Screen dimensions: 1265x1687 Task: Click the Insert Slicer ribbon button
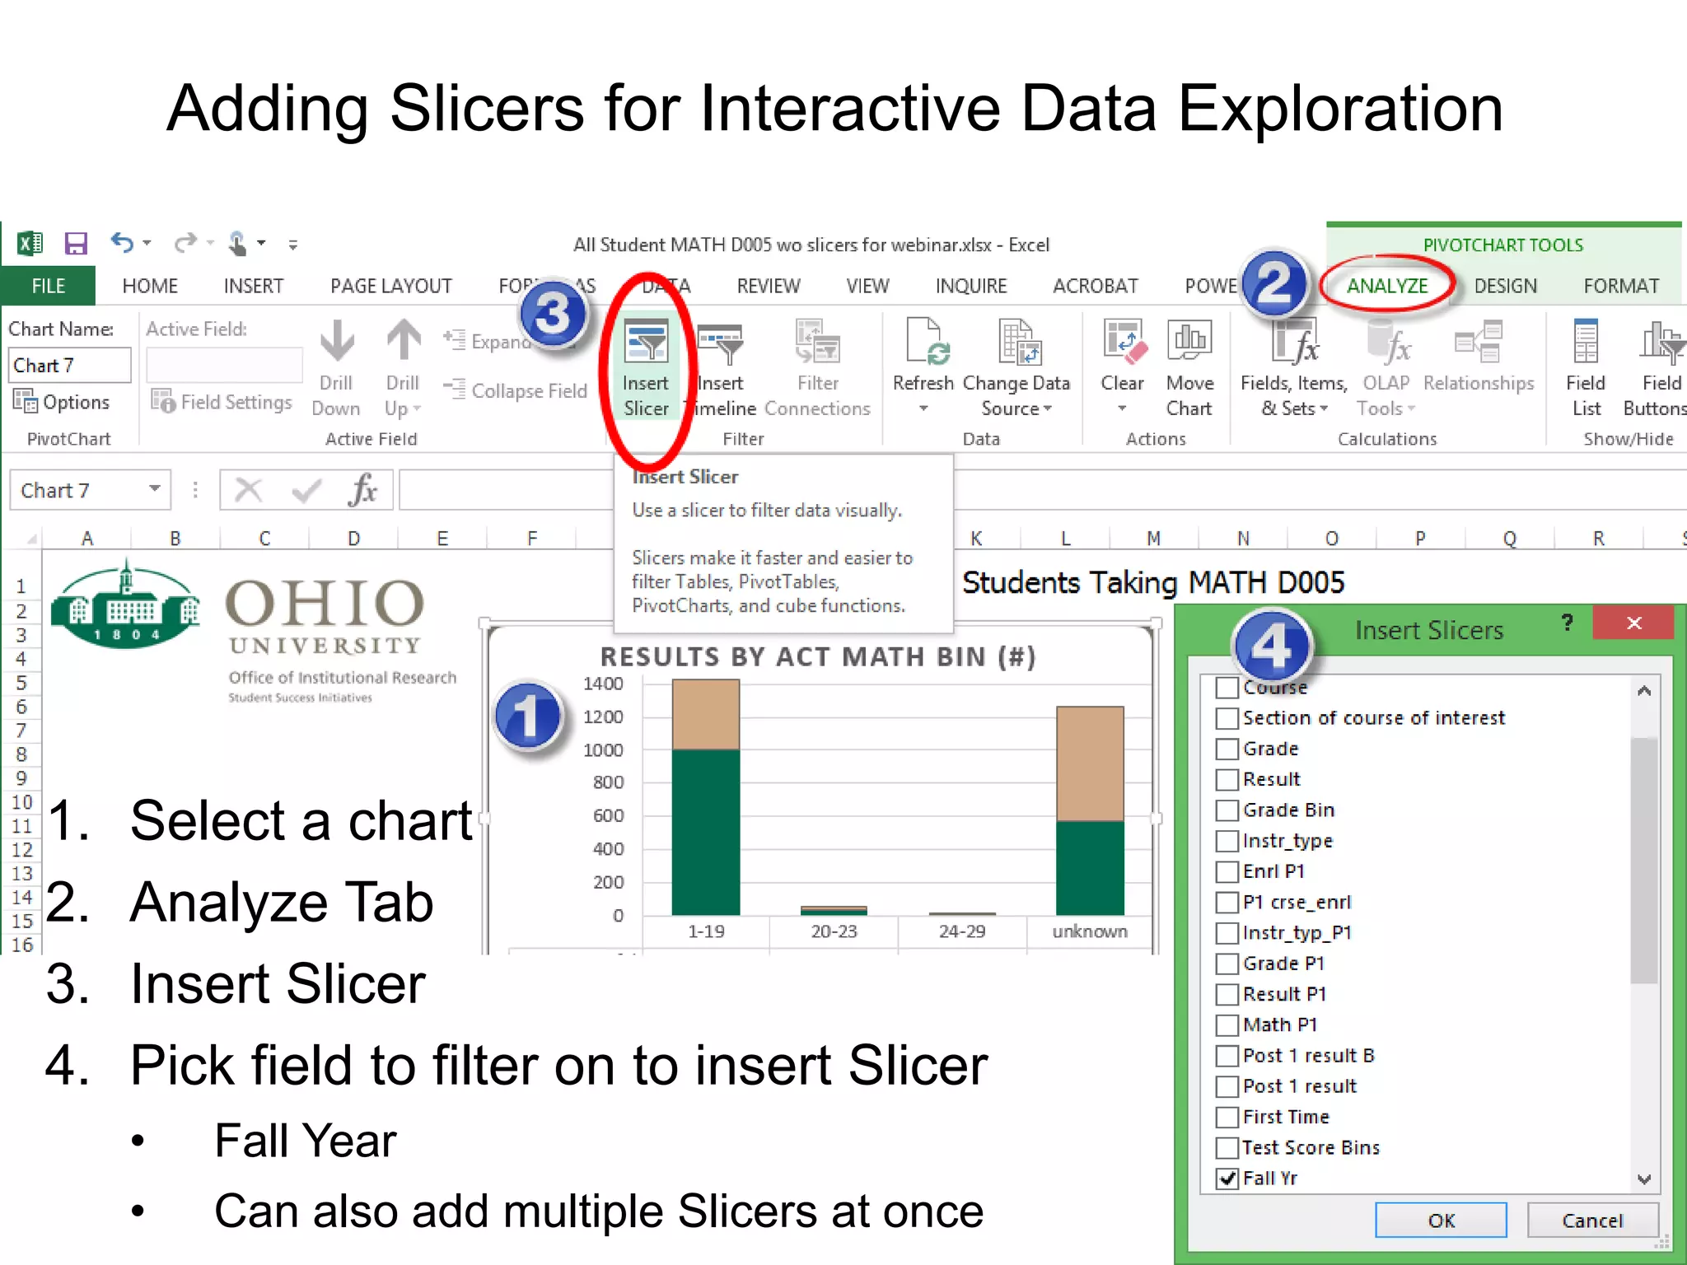click(646, 369)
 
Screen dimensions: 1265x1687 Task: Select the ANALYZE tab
click(1387, 286)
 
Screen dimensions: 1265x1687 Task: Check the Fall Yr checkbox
click(1227, 1178)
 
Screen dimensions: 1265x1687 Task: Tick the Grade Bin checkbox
click(1227, 810)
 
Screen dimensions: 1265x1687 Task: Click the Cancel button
click(1591, 1221)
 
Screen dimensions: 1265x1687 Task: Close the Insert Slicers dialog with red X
click(1633, 623)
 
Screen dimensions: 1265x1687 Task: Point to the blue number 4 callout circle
click(1271, 647)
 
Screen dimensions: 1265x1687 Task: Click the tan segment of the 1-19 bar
click(705, 714)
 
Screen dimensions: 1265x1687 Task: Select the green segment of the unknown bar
click(1089, 867)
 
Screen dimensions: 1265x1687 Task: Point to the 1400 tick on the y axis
click(603, 684)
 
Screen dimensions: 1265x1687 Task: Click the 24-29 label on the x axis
click(961, 931)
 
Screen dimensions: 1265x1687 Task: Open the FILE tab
click(48, 286)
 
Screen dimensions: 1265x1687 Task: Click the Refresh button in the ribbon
click(923, 366)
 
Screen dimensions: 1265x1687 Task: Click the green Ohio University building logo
click(124, 606)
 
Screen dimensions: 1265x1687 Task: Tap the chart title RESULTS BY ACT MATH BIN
click(817, 656)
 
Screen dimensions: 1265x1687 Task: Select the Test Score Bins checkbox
click(1227, 1147)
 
